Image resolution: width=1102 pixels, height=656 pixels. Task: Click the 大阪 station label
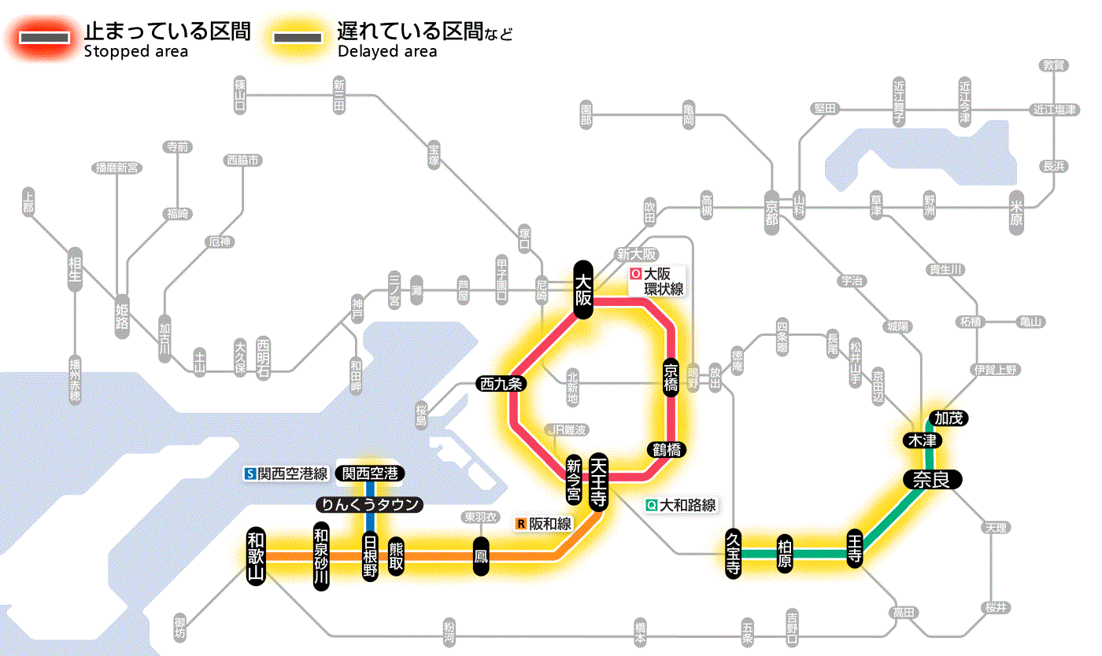pyautogui.click(x=582, y=289)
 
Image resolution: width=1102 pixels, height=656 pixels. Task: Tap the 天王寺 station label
pyautogui.click(x=598, y=481)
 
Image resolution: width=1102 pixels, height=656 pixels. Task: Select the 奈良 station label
pyautogui.click(x=931, y=479)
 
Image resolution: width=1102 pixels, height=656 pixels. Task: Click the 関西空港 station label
pyautogui.click(x=370, y=474)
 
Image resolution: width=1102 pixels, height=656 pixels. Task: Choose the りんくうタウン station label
pyautogui.click(x=368, y=504)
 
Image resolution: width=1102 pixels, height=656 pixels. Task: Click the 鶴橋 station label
pyautogui.click(x=666, y=449)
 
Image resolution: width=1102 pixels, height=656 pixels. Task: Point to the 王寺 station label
pyautogui.click(x=856, y=548)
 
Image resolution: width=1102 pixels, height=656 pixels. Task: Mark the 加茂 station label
pyautogui.click(x=948, y=418)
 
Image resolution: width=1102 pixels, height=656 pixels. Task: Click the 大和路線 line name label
pyautogui.click(x=680, y=505)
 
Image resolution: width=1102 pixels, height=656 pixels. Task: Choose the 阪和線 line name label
pyautogui.click(x=544, y=523)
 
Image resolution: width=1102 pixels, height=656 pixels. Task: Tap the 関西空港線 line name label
pyautogui.click(x=287, y=474)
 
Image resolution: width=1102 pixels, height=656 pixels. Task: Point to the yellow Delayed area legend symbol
pyautogui.click(x=298, y=37)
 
